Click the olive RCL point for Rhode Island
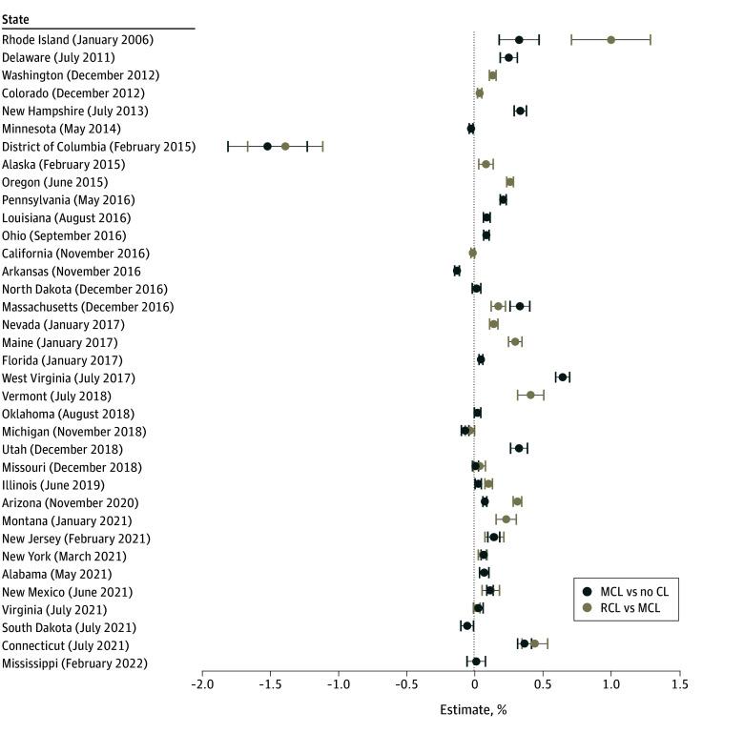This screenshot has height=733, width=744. click(610, 40)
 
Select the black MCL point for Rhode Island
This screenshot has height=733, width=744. click(519, 40)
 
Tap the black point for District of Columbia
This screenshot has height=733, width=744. click(267, 146)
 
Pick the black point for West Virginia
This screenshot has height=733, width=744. click(563, 377)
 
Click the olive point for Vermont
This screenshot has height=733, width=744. click(530, 395)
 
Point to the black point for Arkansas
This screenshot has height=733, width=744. click(457, 271)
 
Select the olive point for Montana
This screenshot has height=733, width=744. click(506, 519)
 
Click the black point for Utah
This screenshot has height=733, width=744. click(519, 448)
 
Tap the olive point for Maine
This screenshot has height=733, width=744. click(515, 341)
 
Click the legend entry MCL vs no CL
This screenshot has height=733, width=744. click(629, 591)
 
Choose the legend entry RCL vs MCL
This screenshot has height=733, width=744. click(629, 607)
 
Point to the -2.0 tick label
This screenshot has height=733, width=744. click(202, 684)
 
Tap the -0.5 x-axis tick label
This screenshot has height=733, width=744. click(406, 684)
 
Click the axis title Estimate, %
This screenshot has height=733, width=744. click(474, 710)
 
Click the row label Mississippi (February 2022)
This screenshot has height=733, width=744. click(74, 662)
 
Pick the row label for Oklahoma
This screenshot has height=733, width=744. click(67, 414)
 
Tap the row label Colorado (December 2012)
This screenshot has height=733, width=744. click(73, 93)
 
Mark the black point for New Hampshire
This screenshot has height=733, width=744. click(520, 111)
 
